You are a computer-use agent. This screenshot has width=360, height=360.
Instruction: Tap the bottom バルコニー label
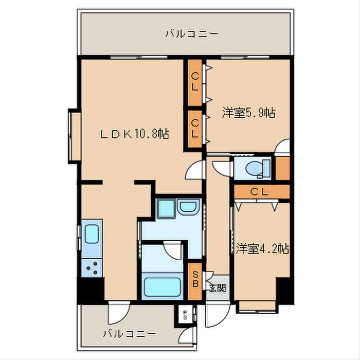129,333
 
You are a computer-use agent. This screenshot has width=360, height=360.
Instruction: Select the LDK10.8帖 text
134,134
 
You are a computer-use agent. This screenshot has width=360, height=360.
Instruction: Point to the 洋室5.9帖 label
248,113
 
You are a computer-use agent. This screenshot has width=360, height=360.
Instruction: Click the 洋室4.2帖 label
262,248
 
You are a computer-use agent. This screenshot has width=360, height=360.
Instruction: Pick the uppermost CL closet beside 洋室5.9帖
195,82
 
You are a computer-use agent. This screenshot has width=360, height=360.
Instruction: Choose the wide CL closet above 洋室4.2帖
261,192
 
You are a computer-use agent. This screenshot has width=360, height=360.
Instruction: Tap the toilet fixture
257,168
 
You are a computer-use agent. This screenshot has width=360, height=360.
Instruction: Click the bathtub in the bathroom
160,286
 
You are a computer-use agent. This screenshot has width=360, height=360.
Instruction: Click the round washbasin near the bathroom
187,209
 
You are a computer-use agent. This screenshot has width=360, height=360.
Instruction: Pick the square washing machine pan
166,209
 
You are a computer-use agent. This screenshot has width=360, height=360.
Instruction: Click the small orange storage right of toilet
282,168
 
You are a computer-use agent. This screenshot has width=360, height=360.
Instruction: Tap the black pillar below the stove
91,291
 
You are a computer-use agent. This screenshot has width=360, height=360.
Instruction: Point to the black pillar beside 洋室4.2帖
284,291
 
